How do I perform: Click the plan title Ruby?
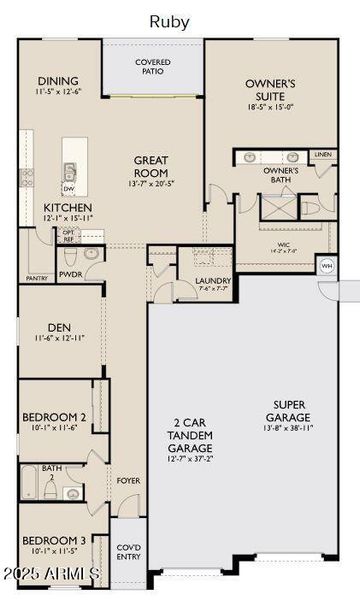tap(170, 20)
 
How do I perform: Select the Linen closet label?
tap(321, 155)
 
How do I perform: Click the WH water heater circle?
tap(326, 266)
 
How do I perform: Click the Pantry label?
tap(38, 279)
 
